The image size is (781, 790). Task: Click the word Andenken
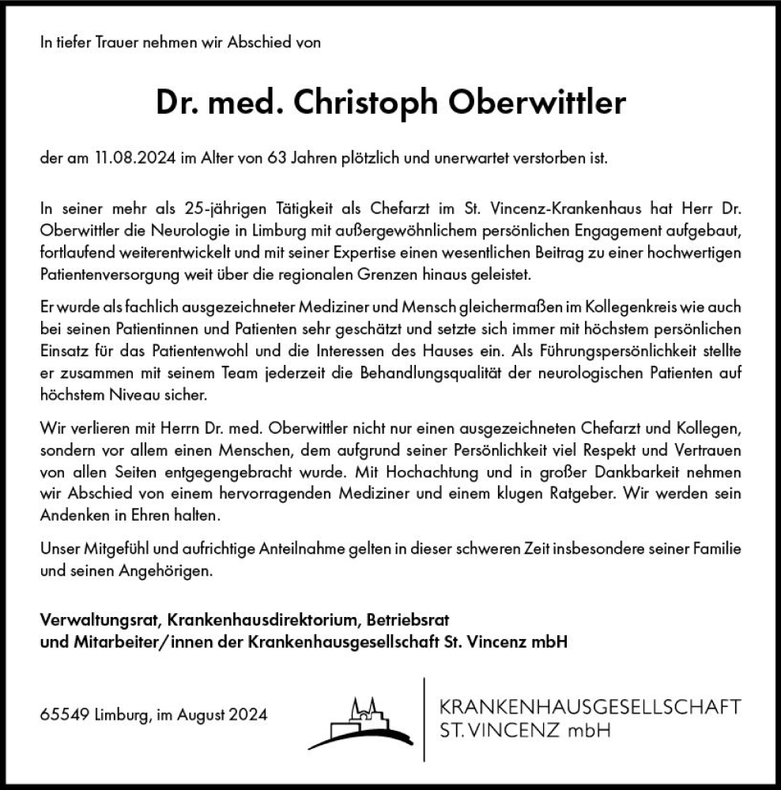[67, 513]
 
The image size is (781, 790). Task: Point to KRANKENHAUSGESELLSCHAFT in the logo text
[590, 705]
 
